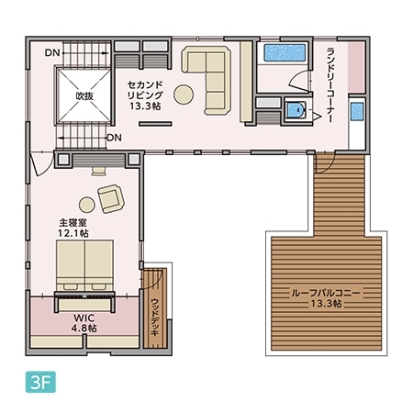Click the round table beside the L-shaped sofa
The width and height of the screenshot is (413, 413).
pos(184,93)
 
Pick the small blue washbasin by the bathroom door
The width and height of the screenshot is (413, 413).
pos(295,112)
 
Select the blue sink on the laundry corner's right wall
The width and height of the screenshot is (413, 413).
pos(357,114)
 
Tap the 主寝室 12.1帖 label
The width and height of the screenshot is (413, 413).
pos(73,228)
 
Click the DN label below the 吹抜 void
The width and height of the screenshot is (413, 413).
pos(114,138)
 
